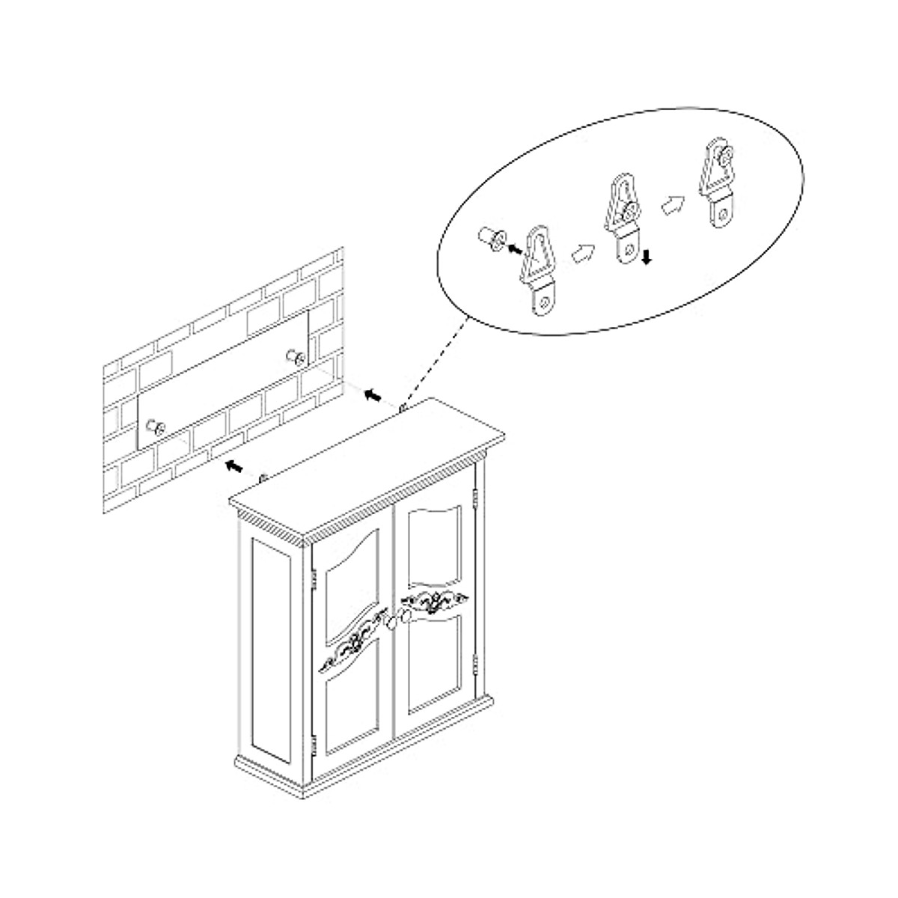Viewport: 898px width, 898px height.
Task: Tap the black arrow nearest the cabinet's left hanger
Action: point(234,466)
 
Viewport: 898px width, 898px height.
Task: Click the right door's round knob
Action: point(405,615)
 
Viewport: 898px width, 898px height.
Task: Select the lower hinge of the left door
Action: point(314,745)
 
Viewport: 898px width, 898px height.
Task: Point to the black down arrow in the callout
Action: point(646,257)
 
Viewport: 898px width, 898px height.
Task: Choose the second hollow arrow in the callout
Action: point(671,204)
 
